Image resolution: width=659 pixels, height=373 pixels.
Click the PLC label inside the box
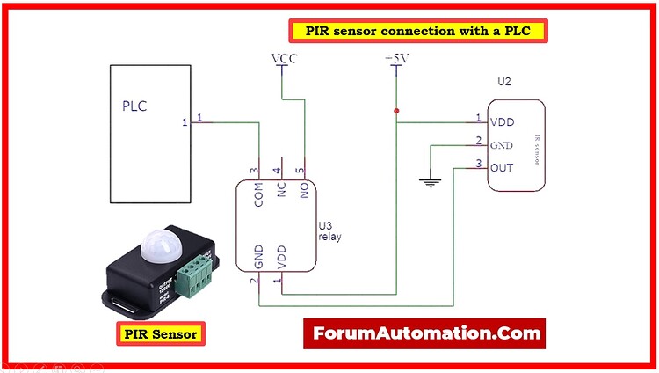[x=134, y=107]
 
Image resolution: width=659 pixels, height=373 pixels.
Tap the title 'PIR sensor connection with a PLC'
[x=417, y=31]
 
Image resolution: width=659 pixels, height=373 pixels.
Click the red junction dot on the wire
[x=397, y=111]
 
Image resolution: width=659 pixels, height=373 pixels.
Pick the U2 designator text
[x=503, y=81]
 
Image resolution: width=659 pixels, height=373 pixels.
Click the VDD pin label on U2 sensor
[x=503, y=122]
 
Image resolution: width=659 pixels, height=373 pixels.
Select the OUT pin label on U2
[x=503, y=167]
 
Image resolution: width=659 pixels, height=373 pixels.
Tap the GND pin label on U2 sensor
[x=502, y=145]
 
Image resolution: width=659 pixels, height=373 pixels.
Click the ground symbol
[x=430, y=183]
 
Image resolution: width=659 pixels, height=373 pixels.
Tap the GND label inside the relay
[x=259, y=258]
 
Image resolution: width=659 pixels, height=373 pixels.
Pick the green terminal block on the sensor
[x=195, y=275]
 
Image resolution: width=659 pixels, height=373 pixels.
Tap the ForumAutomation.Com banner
[x=424, y=333]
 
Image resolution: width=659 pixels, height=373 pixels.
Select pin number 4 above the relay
[x=277, y=170]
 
